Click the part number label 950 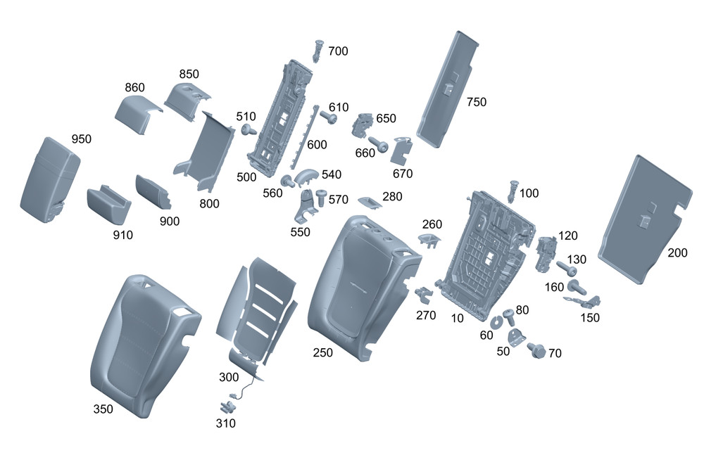click(81, 139)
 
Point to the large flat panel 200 click(643, 218)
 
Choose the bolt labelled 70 click(534, 350)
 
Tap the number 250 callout click(324, 352)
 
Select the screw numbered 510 click(248, 129)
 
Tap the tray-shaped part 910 click(109, 203)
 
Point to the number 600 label click(317, 144)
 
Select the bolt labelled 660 click(379, 144)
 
